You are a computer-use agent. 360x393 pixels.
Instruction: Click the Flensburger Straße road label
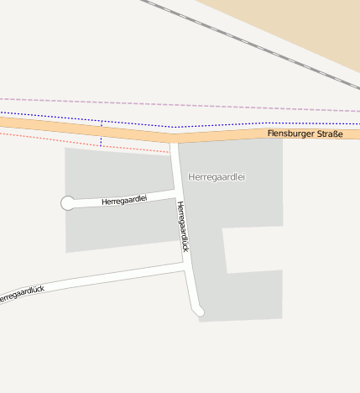(x=305, y=134)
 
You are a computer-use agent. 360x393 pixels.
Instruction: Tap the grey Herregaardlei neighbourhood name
(x=217, y=177)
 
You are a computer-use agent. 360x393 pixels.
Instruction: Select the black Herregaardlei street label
(x=123, y=200)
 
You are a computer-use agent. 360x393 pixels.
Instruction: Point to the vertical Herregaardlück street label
(x=183, y=227)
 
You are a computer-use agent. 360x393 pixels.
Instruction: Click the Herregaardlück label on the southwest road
(x=21, y=294)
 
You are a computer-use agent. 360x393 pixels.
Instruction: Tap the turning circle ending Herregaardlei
(x=68, y=202)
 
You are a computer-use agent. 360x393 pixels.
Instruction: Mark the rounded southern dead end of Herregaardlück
(x=199, y=312)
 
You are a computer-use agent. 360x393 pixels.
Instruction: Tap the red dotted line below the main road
(x=50, y=137)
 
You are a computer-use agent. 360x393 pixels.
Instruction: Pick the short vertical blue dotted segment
(x=102, y=134)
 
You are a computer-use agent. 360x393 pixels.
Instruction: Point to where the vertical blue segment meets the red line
(x=102, y=145)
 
